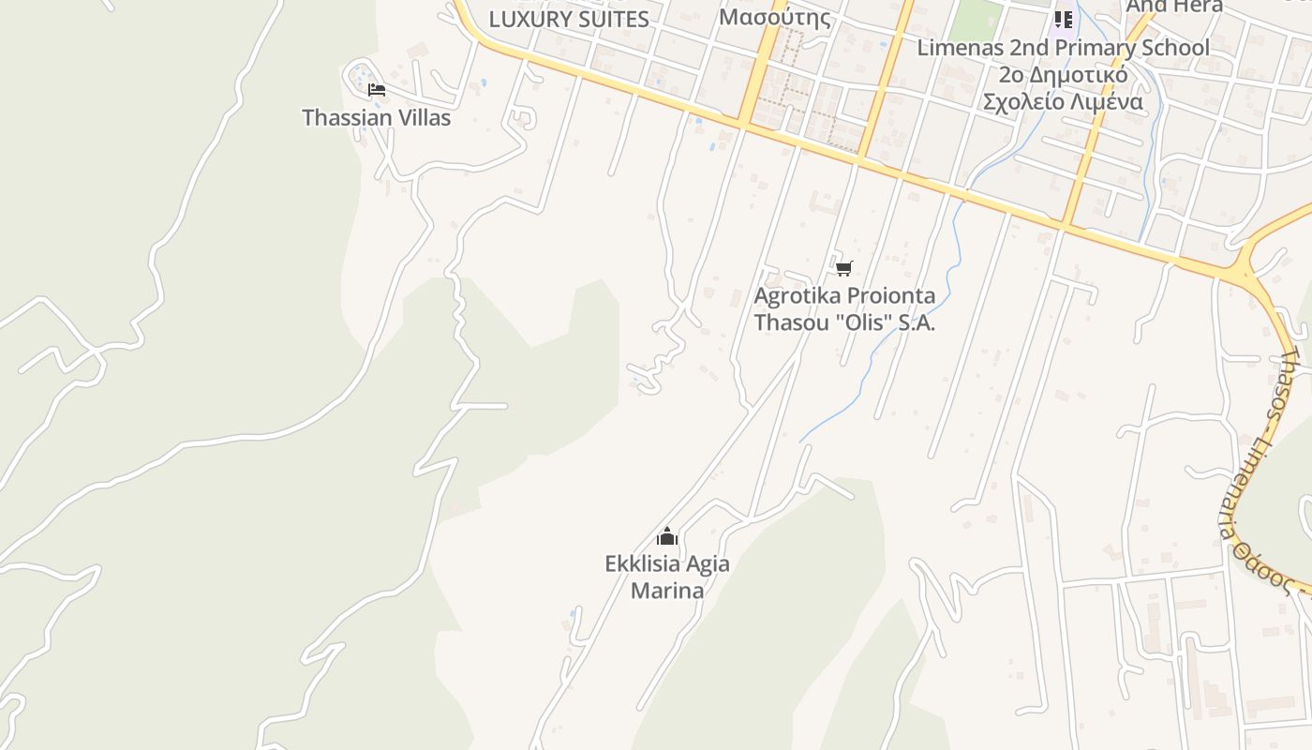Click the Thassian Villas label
pos(376,118)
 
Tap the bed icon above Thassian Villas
pos(377,90)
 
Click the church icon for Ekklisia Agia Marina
pos(667,537)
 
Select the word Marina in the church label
pos(667,591)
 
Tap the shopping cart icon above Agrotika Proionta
pos(843,269)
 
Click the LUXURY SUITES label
pos(569,20)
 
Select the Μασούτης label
pos(774,17)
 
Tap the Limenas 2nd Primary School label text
pos(1063,48)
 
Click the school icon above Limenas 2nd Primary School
pos(1063,19)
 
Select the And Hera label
pos(1173,7)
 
